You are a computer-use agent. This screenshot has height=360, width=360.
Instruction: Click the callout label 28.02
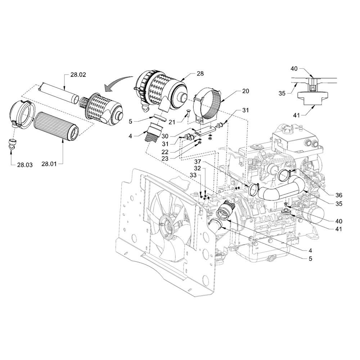click(78, 75)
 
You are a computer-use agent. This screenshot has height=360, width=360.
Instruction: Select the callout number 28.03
click(25, 165)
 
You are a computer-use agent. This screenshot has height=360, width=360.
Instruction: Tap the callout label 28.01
click(49, 164)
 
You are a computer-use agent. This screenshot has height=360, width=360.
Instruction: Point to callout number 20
click(246, 91)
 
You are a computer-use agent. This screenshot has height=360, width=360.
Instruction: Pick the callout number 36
click(339, 195)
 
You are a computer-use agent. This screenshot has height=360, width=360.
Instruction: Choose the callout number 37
click(198, 162)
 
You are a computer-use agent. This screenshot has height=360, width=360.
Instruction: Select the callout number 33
click(193, 175)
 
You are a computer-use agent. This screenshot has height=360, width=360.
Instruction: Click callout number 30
click(165, 136)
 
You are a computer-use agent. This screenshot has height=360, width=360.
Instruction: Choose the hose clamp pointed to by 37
click(253, 189)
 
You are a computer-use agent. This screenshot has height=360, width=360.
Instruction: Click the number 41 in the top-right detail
click(296, 115)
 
